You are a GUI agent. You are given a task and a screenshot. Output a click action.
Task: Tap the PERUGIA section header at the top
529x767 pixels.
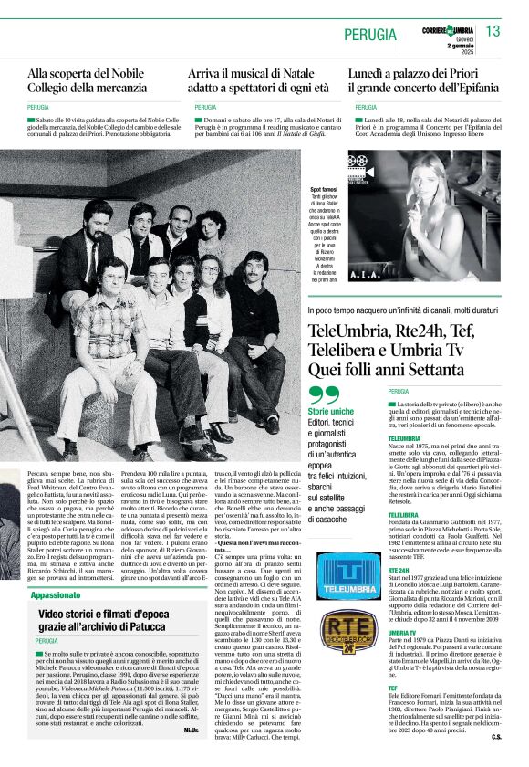point(373,34)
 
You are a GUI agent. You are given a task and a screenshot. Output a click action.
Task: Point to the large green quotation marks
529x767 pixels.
point(324,395)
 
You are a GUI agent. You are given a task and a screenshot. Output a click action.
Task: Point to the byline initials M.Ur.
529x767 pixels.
point(191,730)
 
